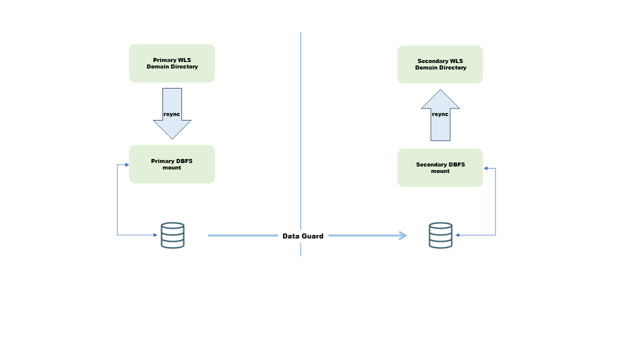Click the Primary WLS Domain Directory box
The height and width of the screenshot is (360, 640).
(171, 63)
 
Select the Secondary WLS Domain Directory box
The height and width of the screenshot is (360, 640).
(440, 64)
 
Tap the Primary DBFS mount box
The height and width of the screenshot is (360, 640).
(171, 164)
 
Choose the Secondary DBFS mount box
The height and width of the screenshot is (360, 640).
(440, 167)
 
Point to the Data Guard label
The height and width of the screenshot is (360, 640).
(302, 236)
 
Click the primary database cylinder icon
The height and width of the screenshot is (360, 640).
(172, 235)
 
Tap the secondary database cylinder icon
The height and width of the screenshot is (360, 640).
(440, 235)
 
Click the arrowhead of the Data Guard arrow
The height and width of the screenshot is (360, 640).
(403, 235)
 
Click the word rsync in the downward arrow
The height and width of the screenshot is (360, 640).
(171, 114)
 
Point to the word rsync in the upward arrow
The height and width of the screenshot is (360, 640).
(440, 114)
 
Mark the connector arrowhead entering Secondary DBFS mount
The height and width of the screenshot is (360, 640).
(485, 168)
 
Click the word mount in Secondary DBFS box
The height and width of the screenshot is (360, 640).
(440, 171)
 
